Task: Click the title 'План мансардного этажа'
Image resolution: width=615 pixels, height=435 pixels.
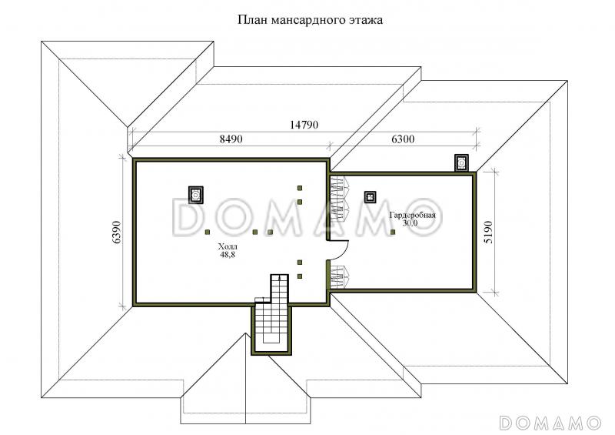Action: pos(310,20)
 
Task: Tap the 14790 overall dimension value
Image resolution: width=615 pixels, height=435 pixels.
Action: pos(304,125)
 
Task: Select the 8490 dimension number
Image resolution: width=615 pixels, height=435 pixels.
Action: pos(231,139)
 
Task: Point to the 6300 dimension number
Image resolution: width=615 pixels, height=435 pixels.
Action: pos(403,139)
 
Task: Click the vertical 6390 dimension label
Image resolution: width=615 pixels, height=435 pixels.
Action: pos(117,233)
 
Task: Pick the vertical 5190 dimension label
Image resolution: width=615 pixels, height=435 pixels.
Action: pos(488,233)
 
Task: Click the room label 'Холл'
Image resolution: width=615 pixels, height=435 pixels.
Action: pos(228,247)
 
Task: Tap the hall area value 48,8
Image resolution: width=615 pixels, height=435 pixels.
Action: pos(228,255)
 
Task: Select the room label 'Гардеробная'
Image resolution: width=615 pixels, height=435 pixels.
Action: pos(412,216)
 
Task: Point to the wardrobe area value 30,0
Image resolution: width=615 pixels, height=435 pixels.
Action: pos(411,223)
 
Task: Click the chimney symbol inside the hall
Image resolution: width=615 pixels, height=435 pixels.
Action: pos(196,195)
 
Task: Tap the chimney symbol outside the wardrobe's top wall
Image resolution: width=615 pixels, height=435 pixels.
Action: pos(462,162)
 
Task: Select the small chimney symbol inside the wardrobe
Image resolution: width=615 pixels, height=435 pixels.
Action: pos(370,196)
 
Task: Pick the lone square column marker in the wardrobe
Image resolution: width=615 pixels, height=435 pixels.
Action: pos(393,233)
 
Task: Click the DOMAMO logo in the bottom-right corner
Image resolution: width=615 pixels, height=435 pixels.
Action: pos(550,423)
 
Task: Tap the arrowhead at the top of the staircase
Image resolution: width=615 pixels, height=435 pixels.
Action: pos(279,277)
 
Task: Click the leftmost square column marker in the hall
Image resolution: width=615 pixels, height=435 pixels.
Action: pos(207,233)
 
